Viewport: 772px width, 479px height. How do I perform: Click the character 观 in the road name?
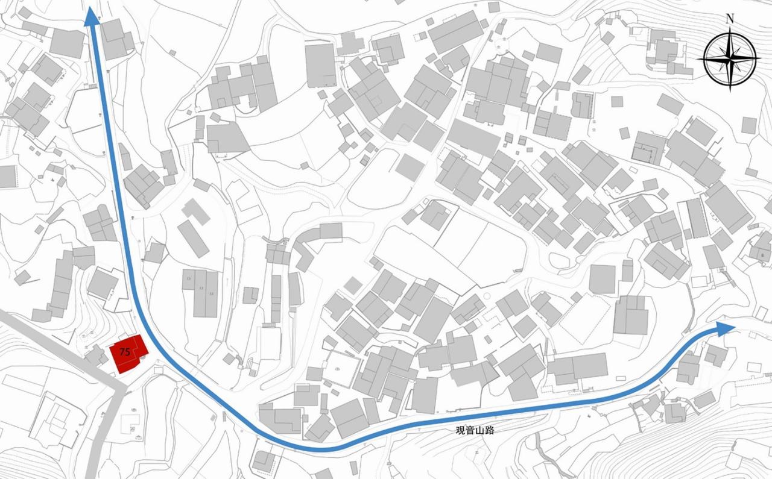[460, 431]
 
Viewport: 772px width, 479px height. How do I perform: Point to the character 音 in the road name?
[469, 431]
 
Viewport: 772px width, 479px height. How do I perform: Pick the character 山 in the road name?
[478, 431]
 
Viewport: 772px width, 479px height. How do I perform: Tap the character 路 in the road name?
[487, 431]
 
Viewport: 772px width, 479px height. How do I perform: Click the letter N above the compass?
[730, 19]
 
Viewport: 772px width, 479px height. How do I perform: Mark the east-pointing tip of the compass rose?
[758, 58]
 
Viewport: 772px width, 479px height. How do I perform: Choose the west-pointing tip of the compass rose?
[701, 59]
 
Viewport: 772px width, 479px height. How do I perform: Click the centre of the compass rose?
[730, 58]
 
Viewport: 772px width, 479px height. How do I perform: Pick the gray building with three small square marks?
[200, 293]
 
